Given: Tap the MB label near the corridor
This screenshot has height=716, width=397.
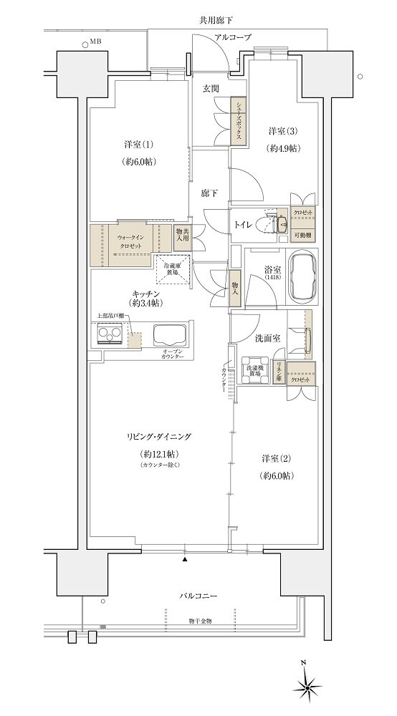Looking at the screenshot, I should click(x=95, y=42).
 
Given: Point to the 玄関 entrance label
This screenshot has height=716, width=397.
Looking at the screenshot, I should click(x=210, y=89).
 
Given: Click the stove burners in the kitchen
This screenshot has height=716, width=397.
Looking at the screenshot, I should click(x=110, y=334).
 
